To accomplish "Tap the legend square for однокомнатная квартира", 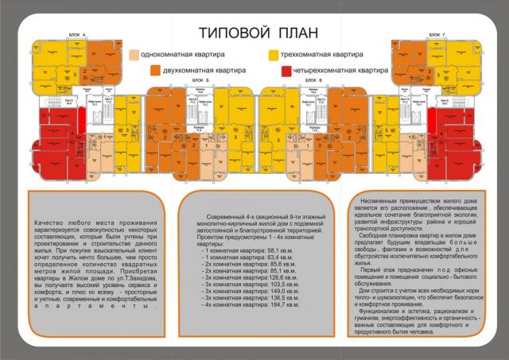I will point(133,55).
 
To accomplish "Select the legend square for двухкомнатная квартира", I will point(155,70).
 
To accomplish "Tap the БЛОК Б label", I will point(200,81).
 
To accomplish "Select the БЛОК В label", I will point(317,81).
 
